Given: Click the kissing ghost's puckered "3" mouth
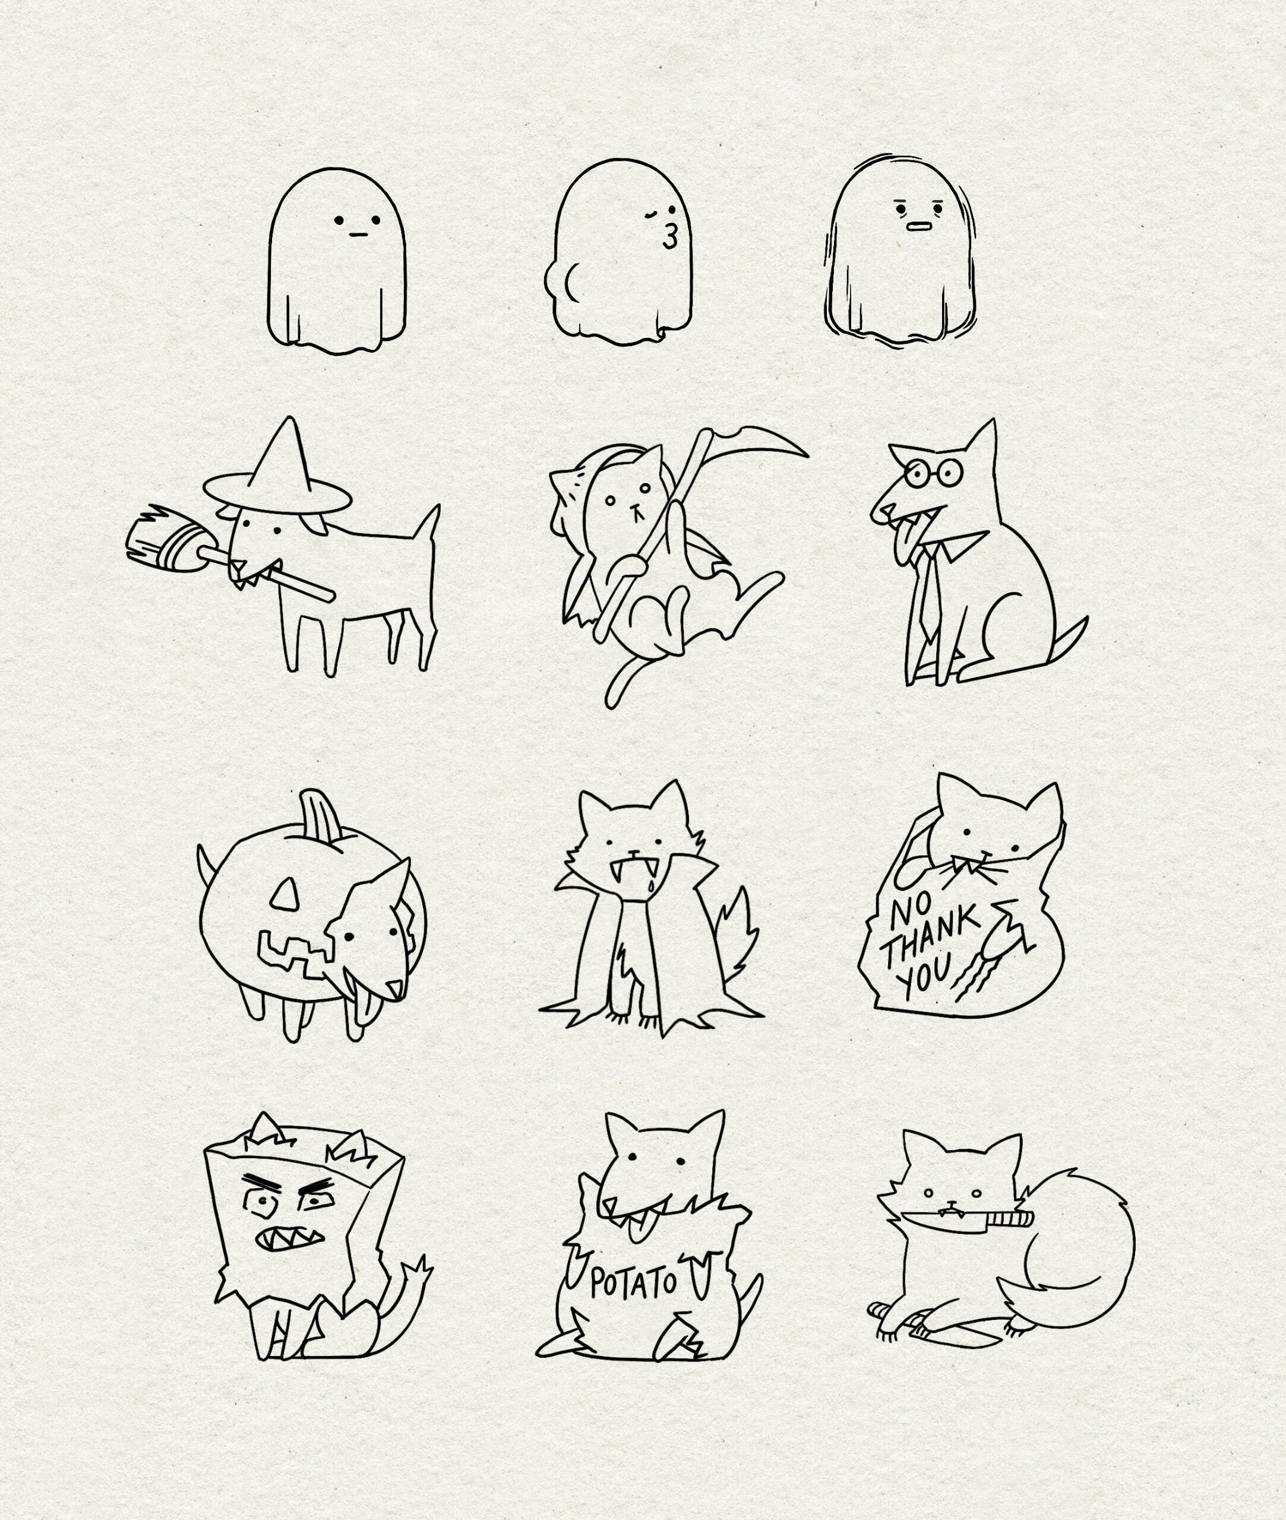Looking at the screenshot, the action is tap(670, 237).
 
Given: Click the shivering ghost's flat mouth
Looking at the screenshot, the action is tap(920, 225).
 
